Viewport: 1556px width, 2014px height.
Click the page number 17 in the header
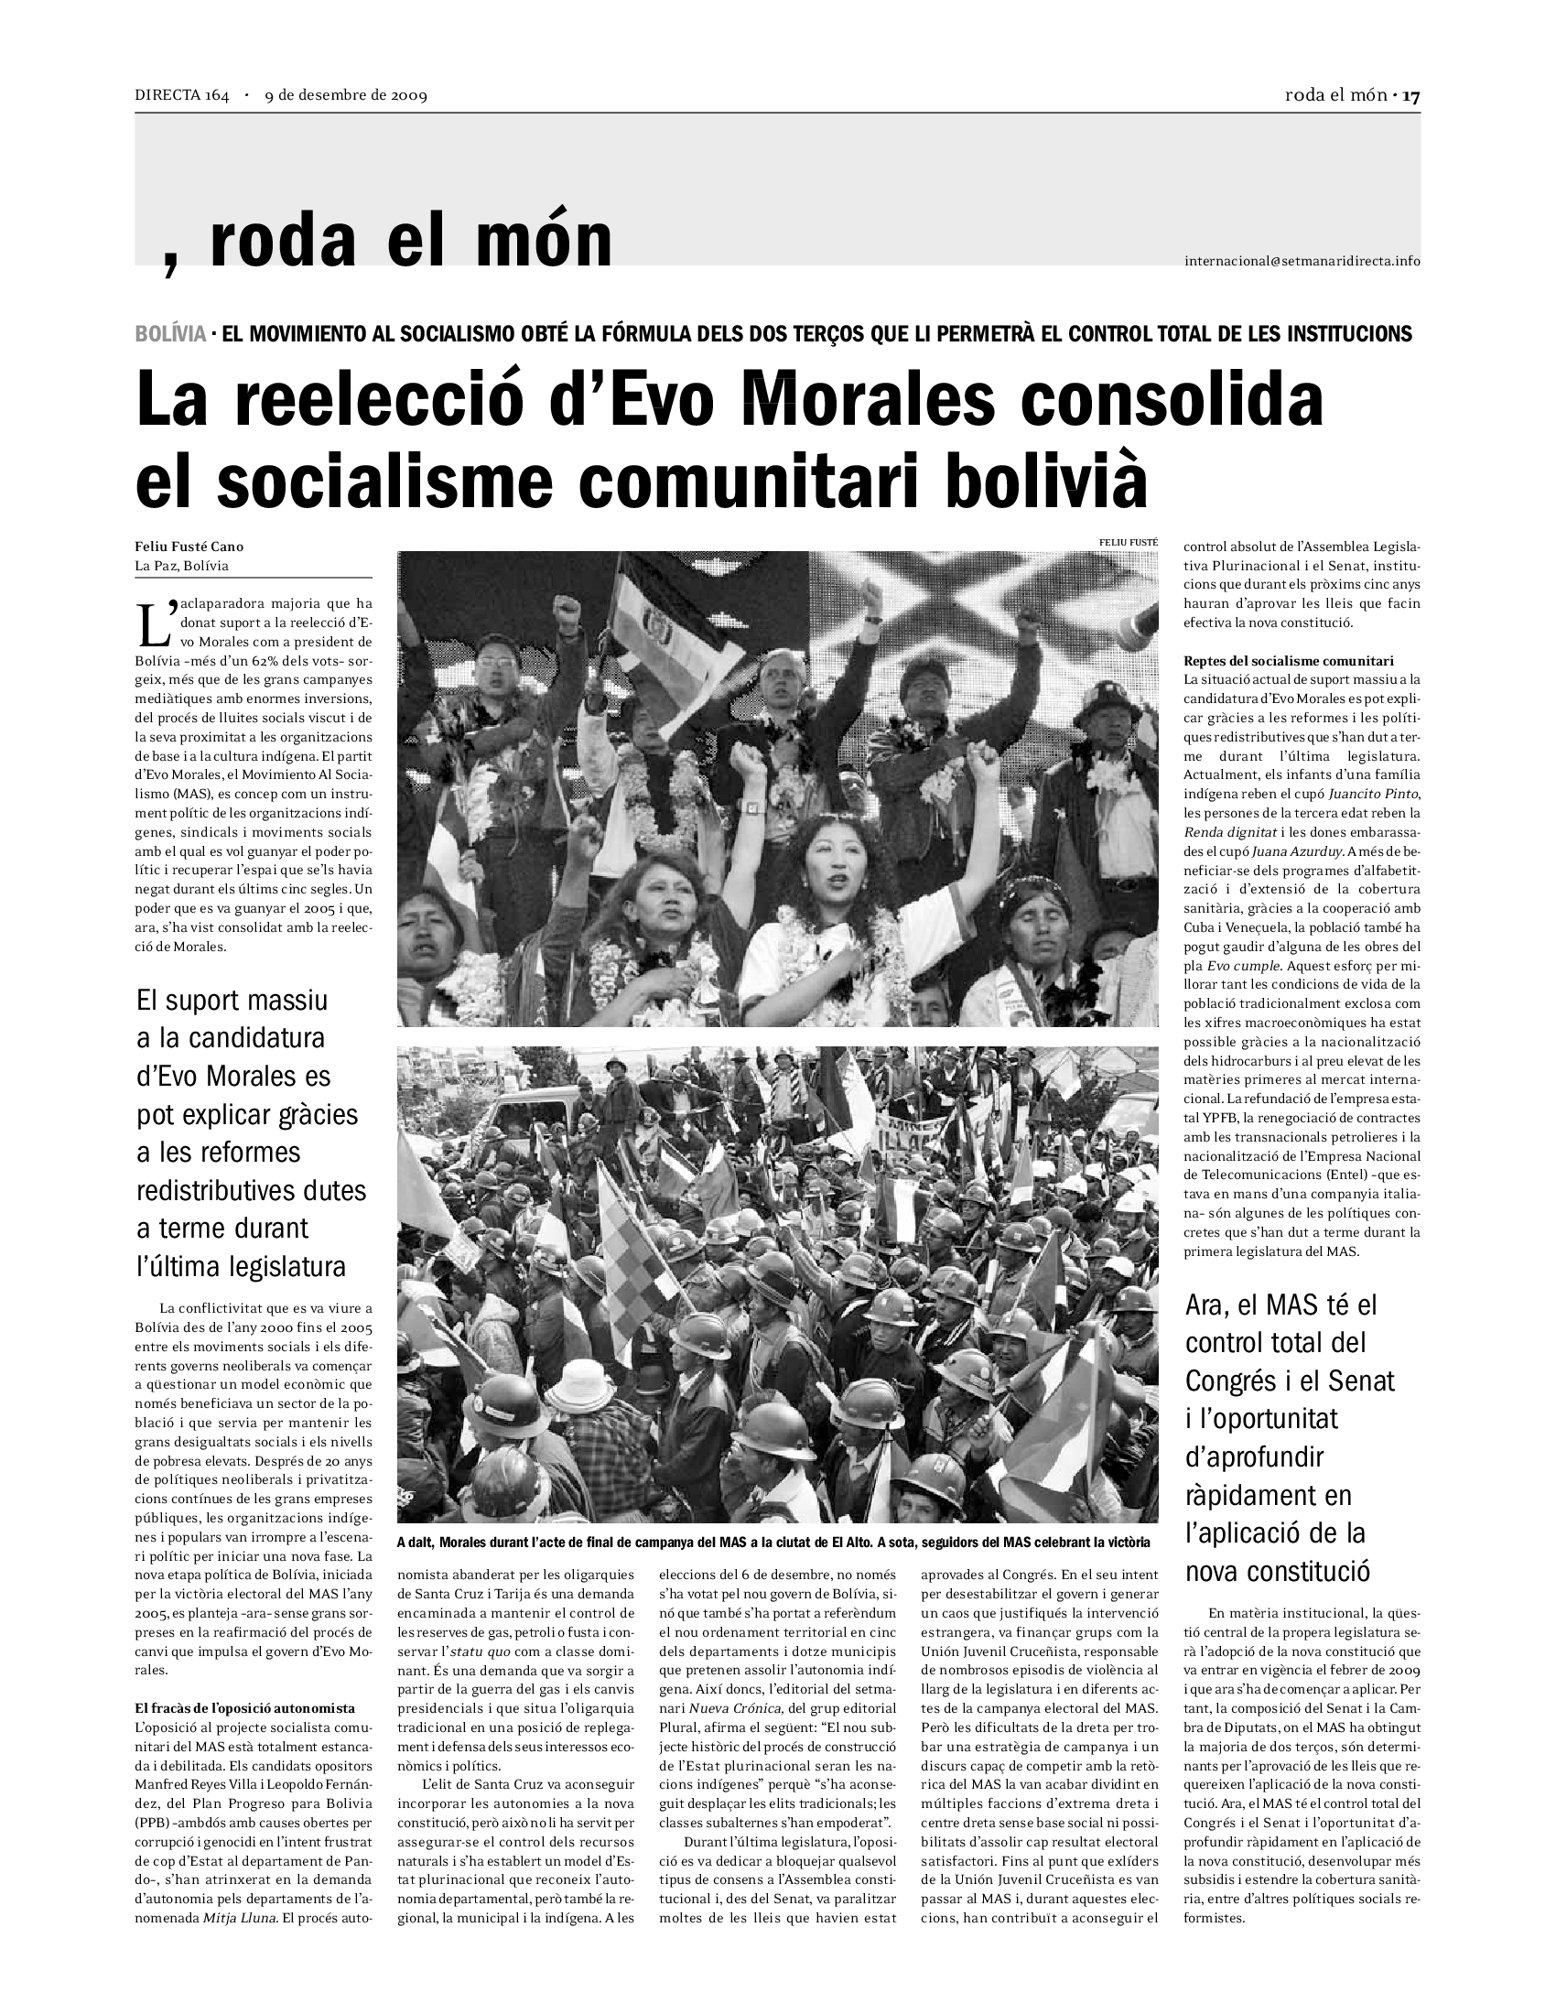tap(1410, 95)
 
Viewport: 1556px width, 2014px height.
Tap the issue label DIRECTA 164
tap(181, 95)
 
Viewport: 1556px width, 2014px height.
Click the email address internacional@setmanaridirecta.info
tap(1302, 261)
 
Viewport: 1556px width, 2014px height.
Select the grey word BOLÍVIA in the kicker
tap(170, 334)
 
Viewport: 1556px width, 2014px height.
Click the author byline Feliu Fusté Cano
tap(189, 547)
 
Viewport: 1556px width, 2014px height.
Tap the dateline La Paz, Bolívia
tap(181, 565)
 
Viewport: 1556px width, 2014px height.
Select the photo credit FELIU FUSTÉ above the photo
tap(1129, 542)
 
